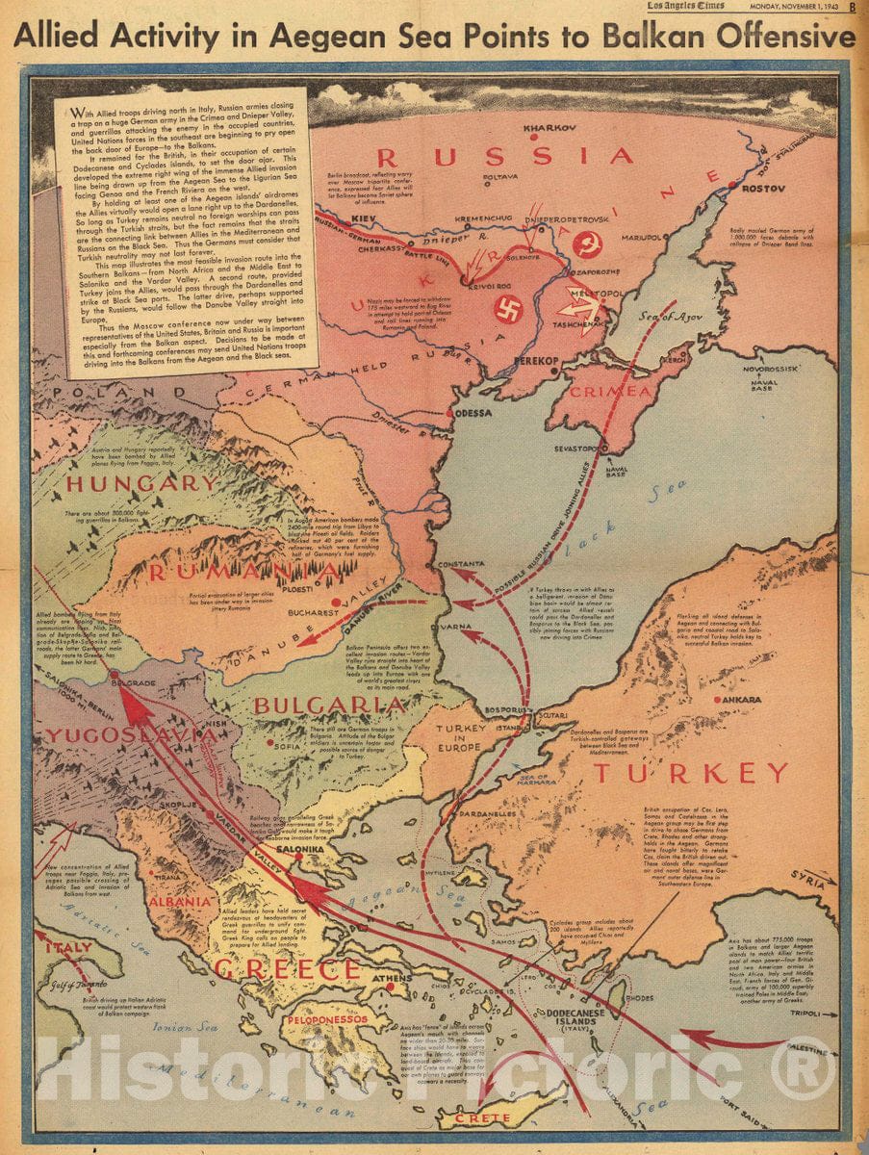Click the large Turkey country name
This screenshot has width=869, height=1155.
690,773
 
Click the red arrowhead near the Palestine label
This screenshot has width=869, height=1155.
694,1039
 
